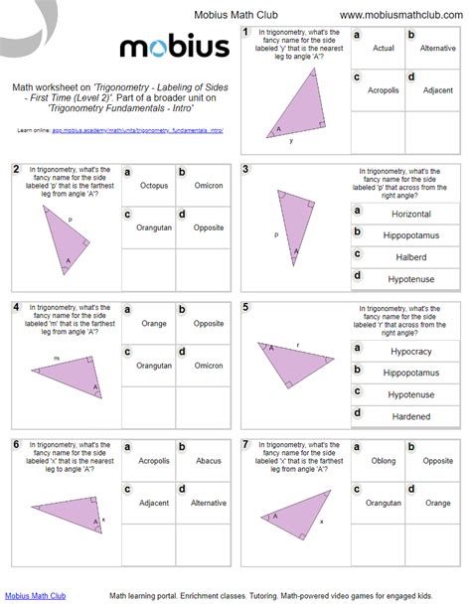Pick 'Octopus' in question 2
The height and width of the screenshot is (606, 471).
pos(153,186)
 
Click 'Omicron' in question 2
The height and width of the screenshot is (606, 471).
pos(208,186)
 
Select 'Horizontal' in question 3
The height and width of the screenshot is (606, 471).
pos(410,214)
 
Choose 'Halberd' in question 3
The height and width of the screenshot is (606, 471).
pos(410,257)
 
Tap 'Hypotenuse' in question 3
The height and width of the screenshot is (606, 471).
pos(410,279)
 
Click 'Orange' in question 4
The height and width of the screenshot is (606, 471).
pos(153,323)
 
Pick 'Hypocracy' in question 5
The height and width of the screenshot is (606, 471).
pos(410,351)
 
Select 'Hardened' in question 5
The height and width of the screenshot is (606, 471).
pos(410,416)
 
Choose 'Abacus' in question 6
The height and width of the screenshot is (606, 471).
pos(208,460)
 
